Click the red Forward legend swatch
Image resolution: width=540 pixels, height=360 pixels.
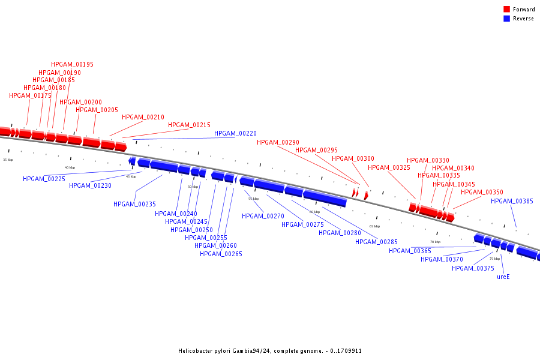click(x=506, y=10)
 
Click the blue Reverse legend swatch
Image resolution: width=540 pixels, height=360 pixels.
click(x=506, y=19)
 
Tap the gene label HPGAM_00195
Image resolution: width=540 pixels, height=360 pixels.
click(x=72, y=64)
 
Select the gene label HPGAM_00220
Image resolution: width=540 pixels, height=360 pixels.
click(x=235, y=133)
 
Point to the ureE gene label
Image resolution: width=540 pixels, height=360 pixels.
click(x=503, y=277)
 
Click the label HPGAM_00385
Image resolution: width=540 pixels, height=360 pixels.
click(x=512, y=201)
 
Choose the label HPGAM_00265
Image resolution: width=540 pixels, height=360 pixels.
click(x=221, y=254)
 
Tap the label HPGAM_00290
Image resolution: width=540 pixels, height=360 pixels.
click(x=278, y=142)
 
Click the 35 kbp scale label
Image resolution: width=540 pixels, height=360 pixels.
click(x=8, y=160)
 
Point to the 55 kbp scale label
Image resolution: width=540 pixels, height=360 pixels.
click(x=253, y=199)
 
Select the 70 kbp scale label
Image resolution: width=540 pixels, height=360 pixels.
click(x=435, y=242)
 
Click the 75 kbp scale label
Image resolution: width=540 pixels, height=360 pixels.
click(x=494, y=259)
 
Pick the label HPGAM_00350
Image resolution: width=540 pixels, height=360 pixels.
click(x=482, y=192)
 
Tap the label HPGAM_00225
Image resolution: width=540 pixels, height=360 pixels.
click(x=44, y=179)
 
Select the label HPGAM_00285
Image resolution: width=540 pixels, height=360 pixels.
click(x=376, y=242)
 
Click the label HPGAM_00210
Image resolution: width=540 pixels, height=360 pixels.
click(x=143, y=117)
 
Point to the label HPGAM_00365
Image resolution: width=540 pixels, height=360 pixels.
click(x=410, y=251)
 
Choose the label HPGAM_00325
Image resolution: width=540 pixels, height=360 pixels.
click(x=389, y=167)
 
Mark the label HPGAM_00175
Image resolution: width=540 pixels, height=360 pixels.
click(x=30, y=95)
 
